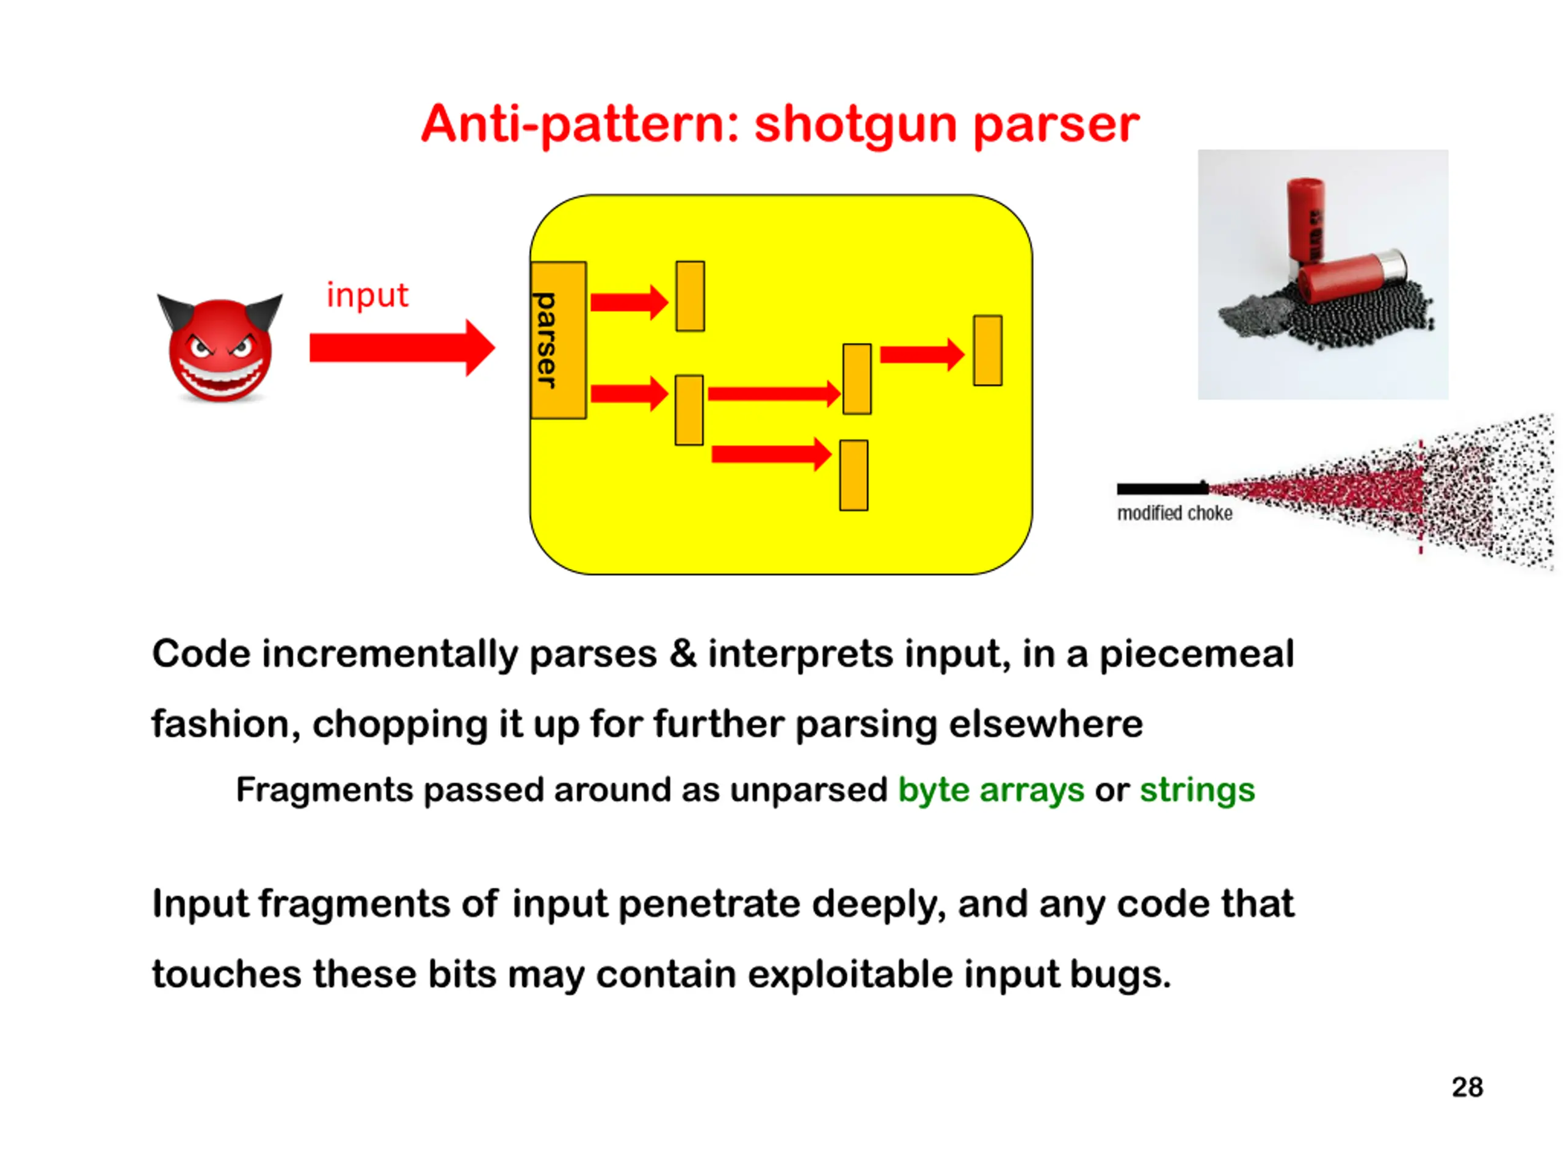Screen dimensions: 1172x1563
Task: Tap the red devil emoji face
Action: coord(220,350)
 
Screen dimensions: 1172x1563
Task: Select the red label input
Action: coord(367,295)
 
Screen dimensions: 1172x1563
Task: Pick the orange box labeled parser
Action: coord(557,341)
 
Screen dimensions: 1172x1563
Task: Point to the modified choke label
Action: coord(1174,513)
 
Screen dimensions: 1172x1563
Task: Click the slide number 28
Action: coord(1467,1087)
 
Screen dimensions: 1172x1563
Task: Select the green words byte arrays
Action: coord(991,790)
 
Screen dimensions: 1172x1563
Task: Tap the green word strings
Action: coord(1197,790)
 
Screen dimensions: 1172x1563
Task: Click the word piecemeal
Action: coord(1196,654)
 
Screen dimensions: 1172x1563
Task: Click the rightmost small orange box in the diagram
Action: coord(987,350)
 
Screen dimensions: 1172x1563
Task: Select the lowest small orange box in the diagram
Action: coord(854,476)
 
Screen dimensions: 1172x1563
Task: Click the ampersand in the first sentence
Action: coord(683,654)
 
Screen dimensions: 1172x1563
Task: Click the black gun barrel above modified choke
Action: coord(1162,489)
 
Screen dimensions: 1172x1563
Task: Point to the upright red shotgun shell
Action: coord(1305,219)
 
